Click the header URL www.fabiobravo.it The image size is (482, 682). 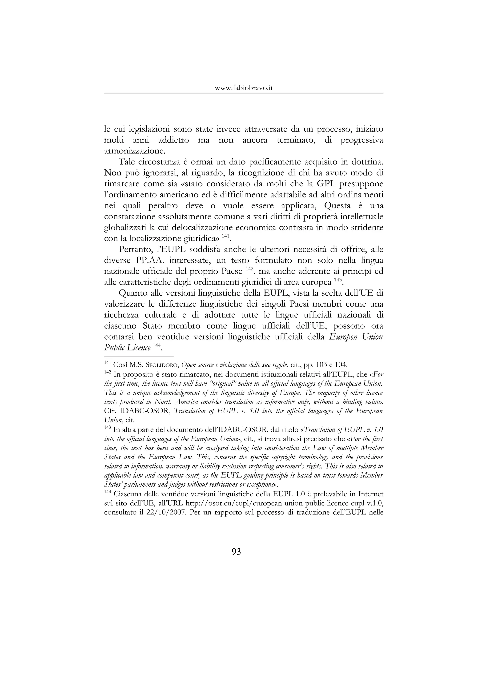pyautogui.click(x=244, y=88)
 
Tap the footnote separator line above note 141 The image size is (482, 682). pyautogui.click(x=139, y=357)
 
